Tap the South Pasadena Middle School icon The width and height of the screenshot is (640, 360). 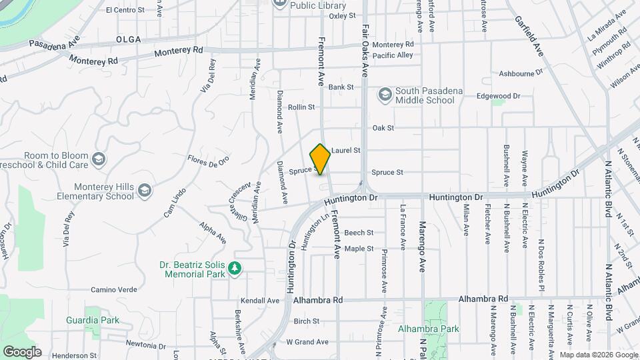[385, 95]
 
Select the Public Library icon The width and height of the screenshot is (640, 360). [280, 3]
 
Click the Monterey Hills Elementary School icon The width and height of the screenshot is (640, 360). [145, 192]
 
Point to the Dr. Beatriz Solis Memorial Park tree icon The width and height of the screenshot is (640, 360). [235, 268]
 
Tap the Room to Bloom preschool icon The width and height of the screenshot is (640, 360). [99, 159]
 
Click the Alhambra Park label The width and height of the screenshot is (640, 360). [429, 329]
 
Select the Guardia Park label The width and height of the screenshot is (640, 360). [93, 320]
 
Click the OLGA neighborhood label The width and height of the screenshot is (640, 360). [128, 39]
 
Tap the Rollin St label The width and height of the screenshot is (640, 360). [301, 107]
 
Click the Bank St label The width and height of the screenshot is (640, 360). [340, 87]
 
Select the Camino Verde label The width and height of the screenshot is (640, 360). [114, 289]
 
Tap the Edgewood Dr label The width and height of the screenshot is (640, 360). [498, 96]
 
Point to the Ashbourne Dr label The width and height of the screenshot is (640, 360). [521, 73]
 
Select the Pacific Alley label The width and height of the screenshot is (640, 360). [393, 55]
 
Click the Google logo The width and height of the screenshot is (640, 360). [22, 351]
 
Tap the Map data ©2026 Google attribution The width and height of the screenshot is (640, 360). [598, 355]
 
